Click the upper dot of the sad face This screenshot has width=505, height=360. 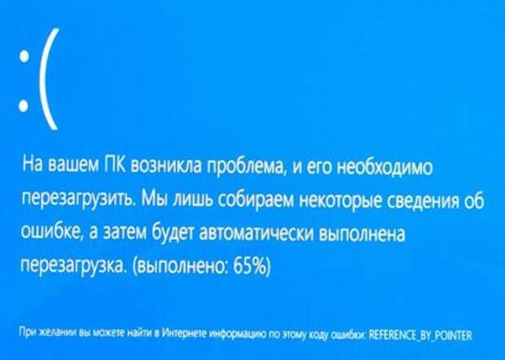(24, 57)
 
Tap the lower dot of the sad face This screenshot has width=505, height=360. (24, 106)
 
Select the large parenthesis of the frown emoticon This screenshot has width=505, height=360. (49, 79)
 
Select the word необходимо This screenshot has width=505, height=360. (385, 167)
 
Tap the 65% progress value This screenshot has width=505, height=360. (249, 266)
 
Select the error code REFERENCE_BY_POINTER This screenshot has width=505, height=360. (420, 336)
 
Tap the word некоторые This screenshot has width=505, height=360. (340, 201)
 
